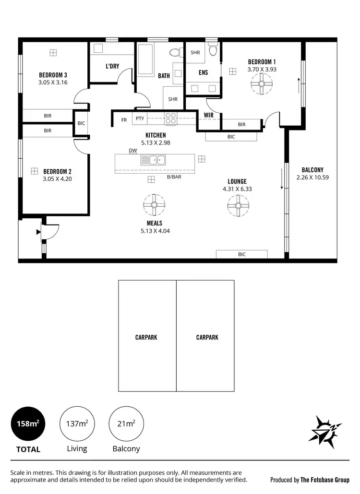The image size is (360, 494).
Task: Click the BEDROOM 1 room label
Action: pyautogui.click(x=262, y=62)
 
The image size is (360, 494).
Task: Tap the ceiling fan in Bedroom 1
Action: pyautogui.click(x=262, y=86)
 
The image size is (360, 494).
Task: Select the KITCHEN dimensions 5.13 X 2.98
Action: pyautogui.click(x=156, y=142)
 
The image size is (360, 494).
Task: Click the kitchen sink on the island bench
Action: pyautogui.click(x=153, y=160)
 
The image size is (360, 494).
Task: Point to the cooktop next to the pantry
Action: pyautogui.click(x=171, y=118)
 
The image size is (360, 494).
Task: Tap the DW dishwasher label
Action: pyautogui.click(x=133, y=151)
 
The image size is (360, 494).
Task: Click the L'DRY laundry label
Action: pyautogui.click(x=112, y=66)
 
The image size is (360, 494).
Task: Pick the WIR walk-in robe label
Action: pyautogui.click(x=208, y=115)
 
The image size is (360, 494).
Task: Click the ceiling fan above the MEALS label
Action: pyautogui.click(x=154, y=205)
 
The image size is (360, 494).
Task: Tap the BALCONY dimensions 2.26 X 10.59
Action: pyautogui.click(x=312, y=177)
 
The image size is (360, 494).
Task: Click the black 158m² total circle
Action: pyautogui.click(x=28, y=424)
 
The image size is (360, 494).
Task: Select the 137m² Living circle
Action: pyautogui.click(x=77, y=424)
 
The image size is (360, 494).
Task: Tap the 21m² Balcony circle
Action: pyautogui.click(x=126, y=424)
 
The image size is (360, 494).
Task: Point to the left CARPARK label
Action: pyautogui.click(x=146, y=337)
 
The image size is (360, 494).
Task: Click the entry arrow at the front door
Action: pyautogui.click(x=38, y=232)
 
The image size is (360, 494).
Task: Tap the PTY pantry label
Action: pyautogui.click(x=140, y=119)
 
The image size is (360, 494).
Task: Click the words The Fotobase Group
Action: pyautogui.click(x=325, y=479)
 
